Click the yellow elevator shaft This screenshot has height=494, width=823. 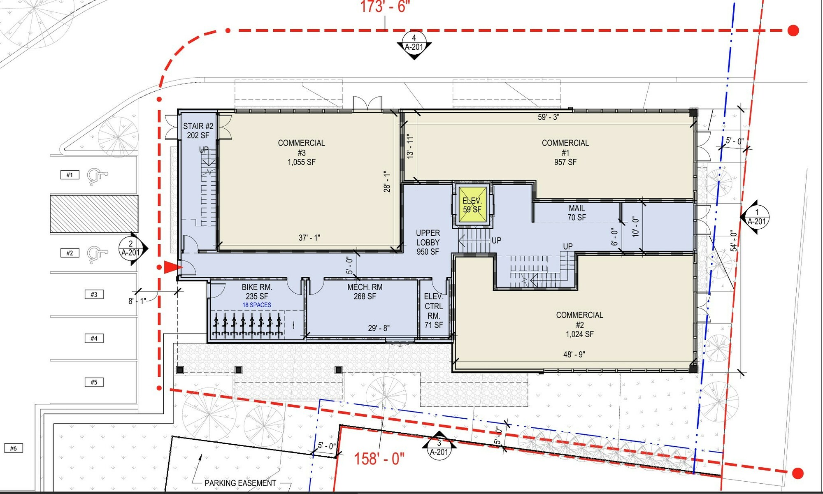coord(472,205)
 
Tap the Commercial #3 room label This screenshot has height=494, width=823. coord(302,153)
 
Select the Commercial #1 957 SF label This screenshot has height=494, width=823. coord(565,153)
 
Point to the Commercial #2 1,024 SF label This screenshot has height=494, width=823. coord(579,325)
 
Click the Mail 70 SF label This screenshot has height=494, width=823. coord(577,213)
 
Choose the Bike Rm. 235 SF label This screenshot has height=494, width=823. coord(257,292)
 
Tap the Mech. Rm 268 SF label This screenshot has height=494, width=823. coord(365,292)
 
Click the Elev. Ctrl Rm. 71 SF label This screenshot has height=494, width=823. coord(434,311)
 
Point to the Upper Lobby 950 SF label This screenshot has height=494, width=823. coord(428,242)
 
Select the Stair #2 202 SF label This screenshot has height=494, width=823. coord(198,131)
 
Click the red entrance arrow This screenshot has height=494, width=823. coord(173,267)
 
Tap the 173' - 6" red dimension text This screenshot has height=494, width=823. coord(385,7)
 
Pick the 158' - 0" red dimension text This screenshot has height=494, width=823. coord(379,458)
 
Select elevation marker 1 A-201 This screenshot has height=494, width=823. coord(755,217)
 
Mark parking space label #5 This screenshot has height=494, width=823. coord(94,382)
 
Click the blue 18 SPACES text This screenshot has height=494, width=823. coord(257,305)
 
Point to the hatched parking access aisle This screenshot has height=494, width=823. coord(94,214)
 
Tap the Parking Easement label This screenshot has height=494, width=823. coord(240,483)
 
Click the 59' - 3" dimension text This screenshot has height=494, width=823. coord(549,117)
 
